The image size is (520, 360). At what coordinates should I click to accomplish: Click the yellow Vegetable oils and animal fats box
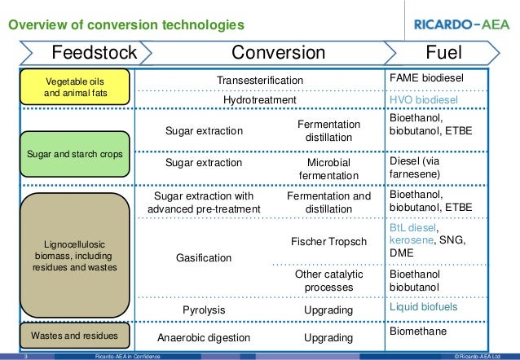(x=76, y=87)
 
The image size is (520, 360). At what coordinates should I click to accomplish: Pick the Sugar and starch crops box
(x=76, y=152)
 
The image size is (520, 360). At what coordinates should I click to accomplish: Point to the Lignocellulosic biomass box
(x=76, y=255)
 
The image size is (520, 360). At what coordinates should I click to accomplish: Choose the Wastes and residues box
(x=76, y=335)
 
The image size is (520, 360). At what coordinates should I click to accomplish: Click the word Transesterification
(x=260, y=80)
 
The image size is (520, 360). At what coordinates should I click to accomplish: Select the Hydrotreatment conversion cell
(x=260, y=99)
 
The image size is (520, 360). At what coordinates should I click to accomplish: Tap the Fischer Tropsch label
(x=329, y=242)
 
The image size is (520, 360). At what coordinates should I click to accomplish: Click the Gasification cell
(x=204, y=257)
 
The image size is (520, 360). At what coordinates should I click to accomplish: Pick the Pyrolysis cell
(x=204, y=310)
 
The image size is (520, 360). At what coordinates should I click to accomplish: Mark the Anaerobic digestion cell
(x=204, y=337)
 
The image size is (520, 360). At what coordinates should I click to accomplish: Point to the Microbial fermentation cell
(x=329, y=169)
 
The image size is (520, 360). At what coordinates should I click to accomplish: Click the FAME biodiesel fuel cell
(x=425, y=79)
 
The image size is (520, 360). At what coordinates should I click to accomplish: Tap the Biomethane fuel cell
(x=419, y=332)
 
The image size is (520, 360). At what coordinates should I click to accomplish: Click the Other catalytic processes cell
(x=329, y=281)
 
